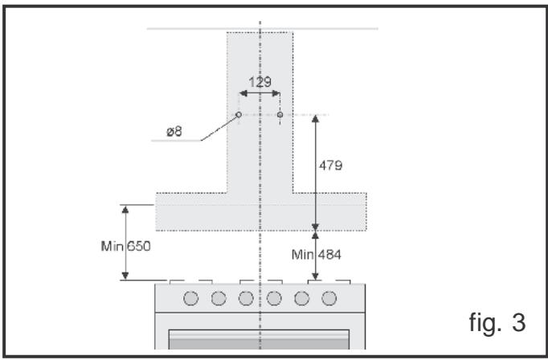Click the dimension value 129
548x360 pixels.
pos(260,82)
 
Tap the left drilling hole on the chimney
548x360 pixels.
pos(239,115)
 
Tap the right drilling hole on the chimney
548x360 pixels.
pos(280,115)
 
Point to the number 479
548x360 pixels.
pos(331,166)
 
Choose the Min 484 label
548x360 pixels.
pos(317,255)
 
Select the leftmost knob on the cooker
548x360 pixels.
pos(191,299)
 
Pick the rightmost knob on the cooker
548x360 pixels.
pos(329,299)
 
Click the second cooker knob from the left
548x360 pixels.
pos(219,299)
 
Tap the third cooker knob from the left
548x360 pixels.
pos(246,299)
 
